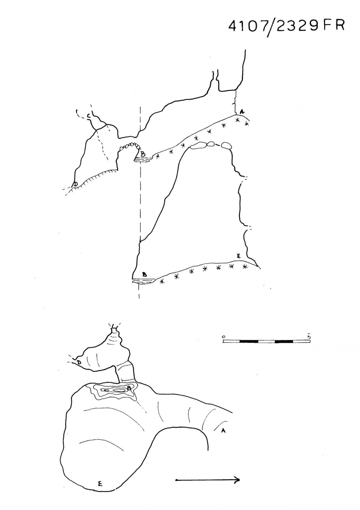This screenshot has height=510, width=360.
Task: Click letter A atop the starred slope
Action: pyautogui.click(x=242, y=112)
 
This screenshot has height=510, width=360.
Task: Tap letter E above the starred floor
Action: pyautogui.click(x=238, y=256)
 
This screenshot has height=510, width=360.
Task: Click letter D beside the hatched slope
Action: pyautogui.click(x=75, y=184)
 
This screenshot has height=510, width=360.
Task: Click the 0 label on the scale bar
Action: pyautogui.click(x=224, y=337)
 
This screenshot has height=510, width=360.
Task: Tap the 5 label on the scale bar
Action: pyautogui.click(x=309, y=336)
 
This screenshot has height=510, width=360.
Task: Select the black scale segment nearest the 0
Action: pyautogui.click(x=249, y=342)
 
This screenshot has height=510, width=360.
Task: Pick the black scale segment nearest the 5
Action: pyautogui.click(x=284, y=342)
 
